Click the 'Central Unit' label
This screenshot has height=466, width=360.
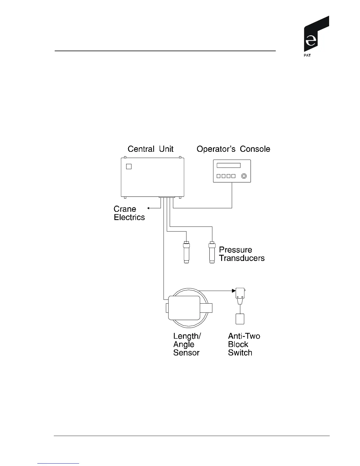click(x=150, y=149)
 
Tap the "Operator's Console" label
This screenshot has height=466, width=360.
click(x=233, y=149)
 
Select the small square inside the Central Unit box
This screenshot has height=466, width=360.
click(x=129, y=167)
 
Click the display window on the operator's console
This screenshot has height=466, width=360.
click(x=229, y=165)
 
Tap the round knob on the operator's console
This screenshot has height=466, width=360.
click(x=244, y=176)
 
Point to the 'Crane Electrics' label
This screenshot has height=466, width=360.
click(x=129, y=213)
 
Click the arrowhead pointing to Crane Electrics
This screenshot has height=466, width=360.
click(x=149, y=208)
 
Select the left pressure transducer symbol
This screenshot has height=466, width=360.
click(x=186, y=252)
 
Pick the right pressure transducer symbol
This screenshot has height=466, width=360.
click(x=212, y=252)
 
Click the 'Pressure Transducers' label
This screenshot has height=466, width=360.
click(x=241, y=254)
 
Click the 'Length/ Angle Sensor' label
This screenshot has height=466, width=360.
click(x=187, y=344)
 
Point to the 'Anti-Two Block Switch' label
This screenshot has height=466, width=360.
click(x=244, y=344)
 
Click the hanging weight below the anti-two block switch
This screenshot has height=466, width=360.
click(x=240, y=319)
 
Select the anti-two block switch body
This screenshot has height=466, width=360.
click(x=240, y=294)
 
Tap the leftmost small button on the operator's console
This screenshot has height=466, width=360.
click(x=218, y=176)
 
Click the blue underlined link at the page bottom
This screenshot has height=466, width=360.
click(x=58, y=464)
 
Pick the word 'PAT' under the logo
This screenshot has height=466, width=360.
click(x=307, y=56)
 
